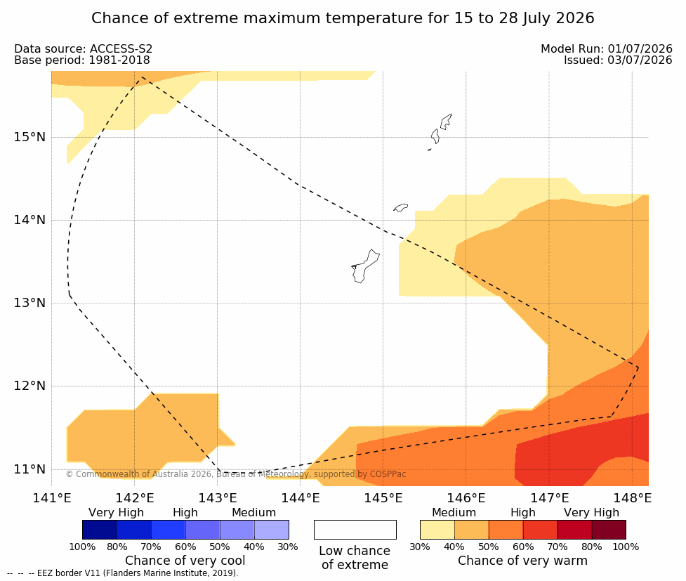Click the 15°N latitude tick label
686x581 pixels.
tap(29, 137)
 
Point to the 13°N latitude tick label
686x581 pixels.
tap(29, 303)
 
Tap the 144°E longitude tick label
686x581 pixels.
tap(300, 498)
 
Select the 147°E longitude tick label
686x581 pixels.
tap(549, 498)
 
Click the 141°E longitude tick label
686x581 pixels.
tap(52, 498)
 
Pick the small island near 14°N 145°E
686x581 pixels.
tap(400, 207)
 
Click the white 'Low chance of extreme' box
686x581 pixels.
tap(355, 530)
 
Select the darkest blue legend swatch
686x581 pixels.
tap(100, 530)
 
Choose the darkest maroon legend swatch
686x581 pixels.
tap(609, 530)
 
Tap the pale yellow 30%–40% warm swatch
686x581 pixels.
tap(437, 530)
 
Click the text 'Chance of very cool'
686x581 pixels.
tap(185, 561)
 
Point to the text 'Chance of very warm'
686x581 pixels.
tap(522, 561)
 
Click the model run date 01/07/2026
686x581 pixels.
tap(640, 49)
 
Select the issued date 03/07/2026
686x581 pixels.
tap(640, 60)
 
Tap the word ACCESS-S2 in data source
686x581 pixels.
tap(121, 49)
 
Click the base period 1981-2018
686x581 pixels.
tap(119, 60)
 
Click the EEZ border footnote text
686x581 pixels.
tap(123, 573)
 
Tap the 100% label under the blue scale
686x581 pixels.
tap(82, 547)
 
